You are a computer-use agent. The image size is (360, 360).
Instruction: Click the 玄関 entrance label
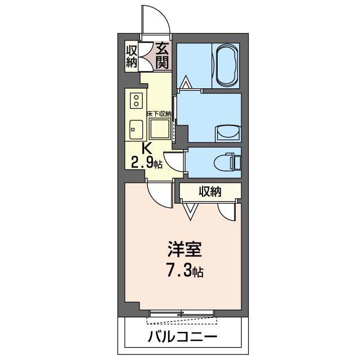[162, 56]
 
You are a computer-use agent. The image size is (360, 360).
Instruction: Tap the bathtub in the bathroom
[226, 65]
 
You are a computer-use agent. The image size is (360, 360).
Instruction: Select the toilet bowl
[227, 163]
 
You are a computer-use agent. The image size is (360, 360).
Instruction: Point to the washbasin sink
[228, 133]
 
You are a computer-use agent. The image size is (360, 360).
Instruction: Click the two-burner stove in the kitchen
[136, 101]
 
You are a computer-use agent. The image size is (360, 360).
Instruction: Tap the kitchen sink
[136, 130]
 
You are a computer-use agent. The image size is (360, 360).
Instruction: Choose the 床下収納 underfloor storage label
[159, 114]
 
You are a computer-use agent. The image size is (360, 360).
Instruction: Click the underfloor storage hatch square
[160, 129]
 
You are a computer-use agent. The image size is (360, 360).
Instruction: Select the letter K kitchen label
[146, 148]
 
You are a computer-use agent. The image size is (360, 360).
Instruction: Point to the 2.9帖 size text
[147, 163]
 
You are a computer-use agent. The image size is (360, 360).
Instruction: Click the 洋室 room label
[184, 249]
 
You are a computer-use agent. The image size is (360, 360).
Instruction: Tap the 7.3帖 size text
[184, 271]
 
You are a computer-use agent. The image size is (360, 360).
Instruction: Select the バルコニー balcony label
[182, 337]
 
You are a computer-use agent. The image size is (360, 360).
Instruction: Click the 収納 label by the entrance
[131, 56]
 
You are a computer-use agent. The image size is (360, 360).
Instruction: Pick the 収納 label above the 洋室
[210, 191]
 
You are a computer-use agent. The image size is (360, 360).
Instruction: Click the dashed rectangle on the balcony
[182, 321]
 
